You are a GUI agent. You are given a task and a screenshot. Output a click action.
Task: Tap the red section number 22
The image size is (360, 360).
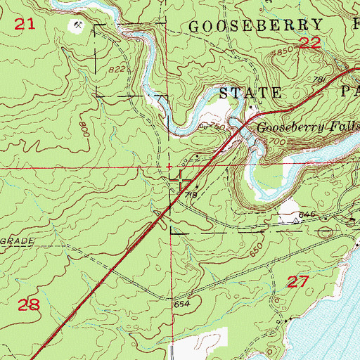pyautogui.click(x=309, y=44)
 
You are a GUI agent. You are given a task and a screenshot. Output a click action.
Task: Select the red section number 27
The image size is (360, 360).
pyautogui.click(x=299, y=282)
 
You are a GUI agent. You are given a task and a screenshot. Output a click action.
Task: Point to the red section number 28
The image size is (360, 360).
pyautogui.click(x=28, y=305)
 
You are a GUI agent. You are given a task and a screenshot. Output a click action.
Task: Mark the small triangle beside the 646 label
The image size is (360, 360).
pyautogui.click(x=297, y=219)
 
